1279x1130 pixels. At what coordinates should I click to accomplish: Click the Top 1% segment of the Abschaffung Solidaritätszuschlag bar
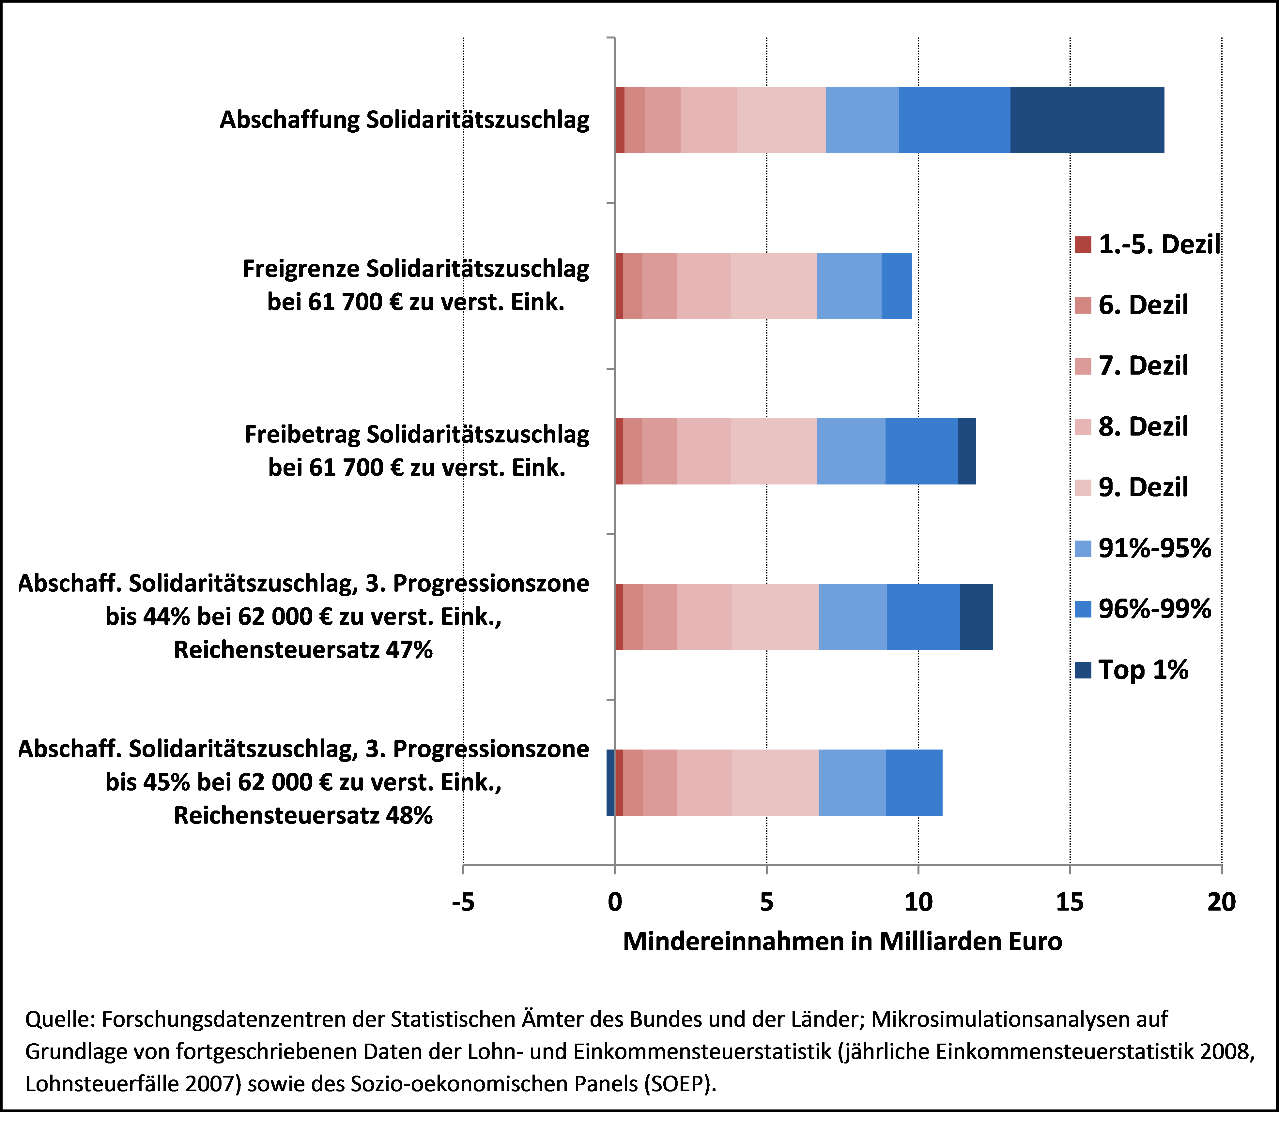pos(1087,120)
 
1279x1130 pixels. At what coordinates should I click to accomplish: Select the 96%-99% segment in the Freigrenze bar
pos(897,286)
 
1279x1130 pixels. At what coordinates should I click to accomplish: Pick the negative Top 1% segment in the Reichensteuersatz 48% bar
pos(611,782)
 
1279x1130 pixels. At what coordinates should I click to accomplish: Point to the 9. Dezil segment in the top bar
pos(781,120)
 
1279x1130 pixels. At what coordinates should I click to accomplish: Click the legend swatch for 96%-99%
pos(1083,609)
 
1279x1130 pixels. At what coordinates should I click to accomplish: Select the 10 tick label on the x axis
pos(918,902)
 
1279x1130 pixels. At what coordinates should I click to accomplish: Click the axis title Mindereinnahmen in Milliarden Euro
pos(842,941)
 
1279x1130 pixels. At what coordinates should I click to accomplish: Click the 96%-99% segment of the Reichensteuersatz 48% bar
pos(914,782)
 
